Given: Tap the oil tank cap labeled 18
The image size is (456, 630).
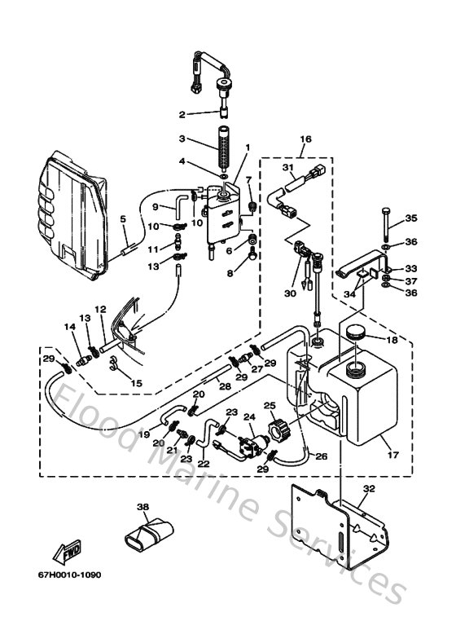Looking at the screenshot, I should coord(355,333).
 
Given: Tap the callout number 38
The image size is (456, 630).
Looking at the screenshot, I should coord(143,507).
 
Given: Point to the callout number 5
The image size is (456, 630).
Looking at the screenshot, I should coord(123,219).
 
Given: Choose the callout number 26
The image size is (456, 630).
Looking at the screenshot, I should coord(322,456).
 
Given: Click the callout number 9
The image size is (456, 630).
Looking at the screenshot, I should coord(154,207).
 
